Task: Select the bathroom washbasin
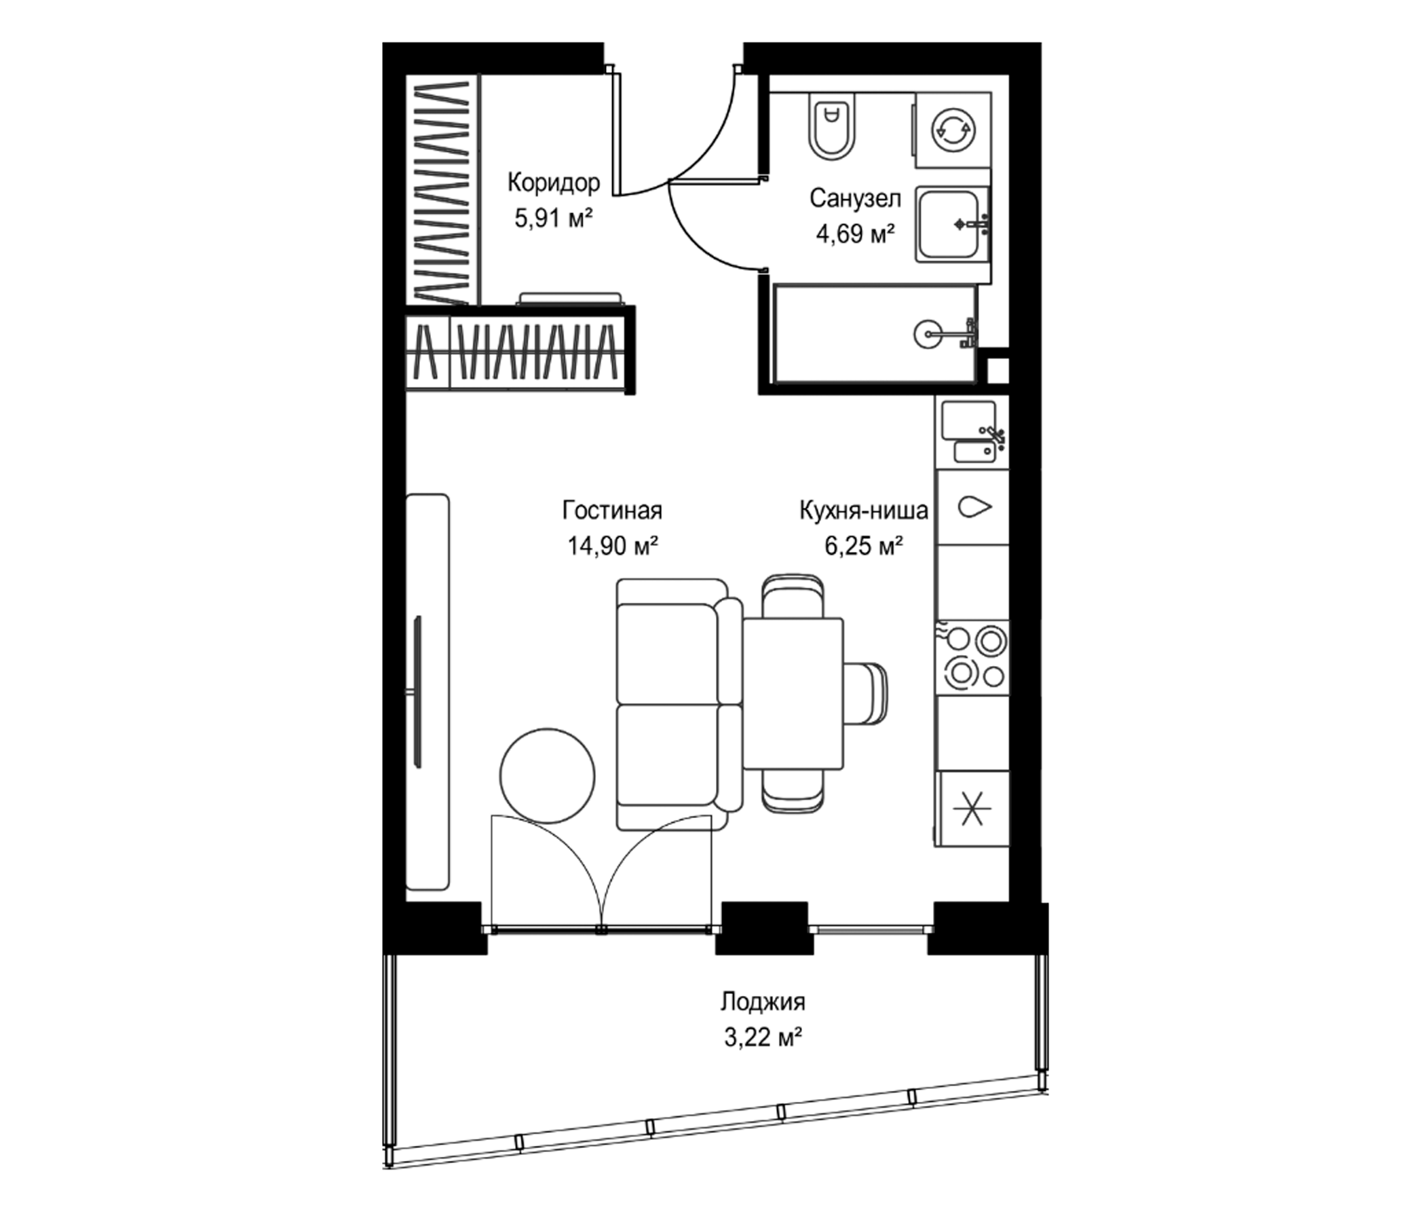[x=953, y=224]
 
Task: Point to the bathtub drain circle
[x=928, y=334]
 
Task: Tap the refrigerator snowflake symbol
[x=972, y=808]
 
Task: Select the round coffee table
[x=548, y=775]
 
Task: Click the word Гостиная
[x=612, y=511]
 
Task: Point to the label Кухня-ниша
[x=864, y=511]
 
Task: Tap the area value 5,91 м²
[x=553, y=219]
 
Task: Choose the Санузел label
[x=855, y=198]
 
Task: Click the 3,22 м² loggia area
[x=763, y=1037]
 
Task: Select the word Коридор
[x=554, y=183]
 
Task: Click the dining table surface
[x=793, y=694]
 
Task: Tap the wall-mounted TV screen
[x=417, y=691]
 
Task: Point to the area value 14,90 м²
[x=613, y=547]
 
